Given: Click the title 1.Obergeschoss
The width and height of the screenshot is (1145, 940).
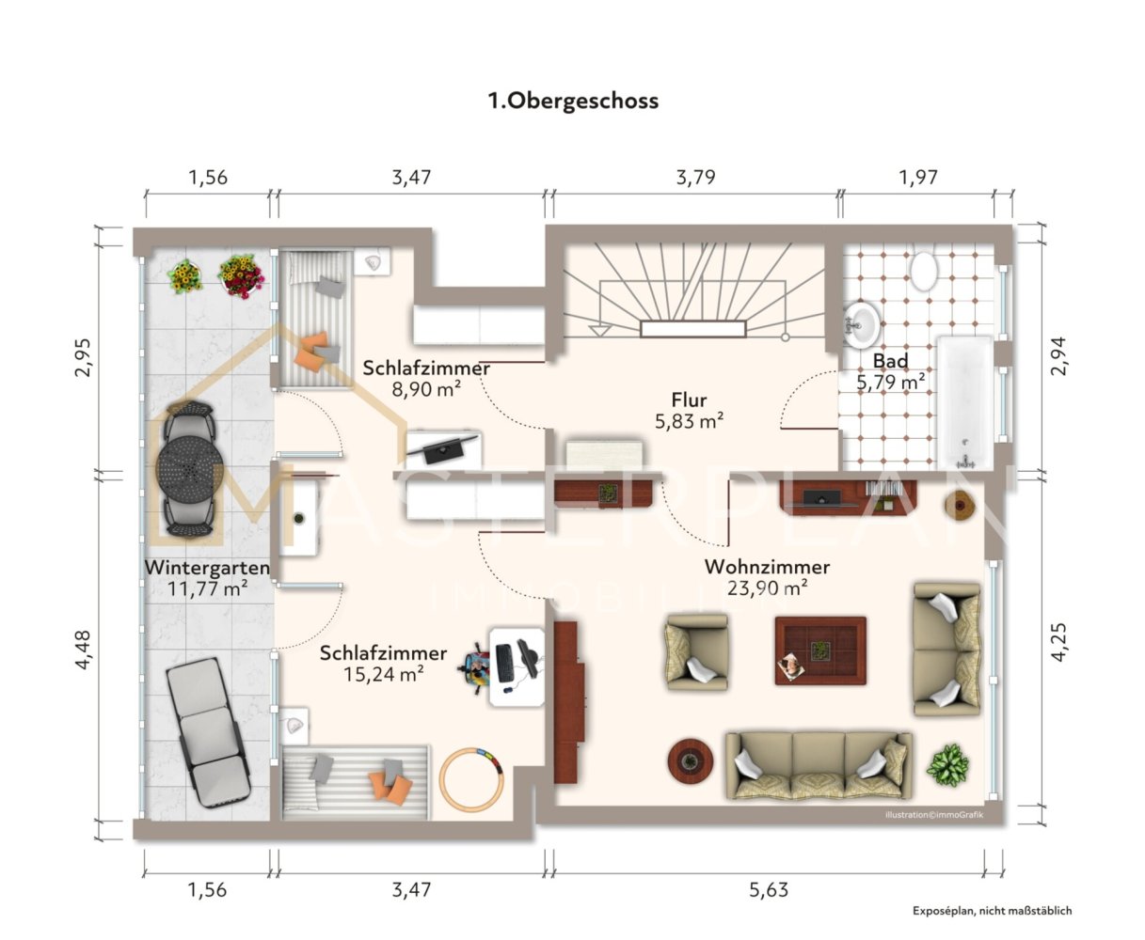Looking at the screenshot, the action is click(573, 101).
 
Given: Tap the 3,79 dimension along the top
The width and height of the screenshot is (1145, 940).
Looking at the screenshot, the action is click(695, 178).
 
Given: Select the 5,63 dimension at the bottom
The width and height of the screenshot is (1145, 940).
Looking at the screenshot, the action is click(769, 890).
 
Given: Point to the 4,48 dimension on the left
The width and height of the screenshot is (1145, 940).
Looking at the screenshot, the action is click(83, 650).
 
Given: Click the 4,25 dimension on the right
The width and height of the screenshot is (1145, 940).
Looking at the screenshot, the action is click(1059, 642).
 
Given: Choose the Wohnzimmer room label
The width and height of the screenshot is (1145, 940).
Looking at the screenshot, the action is click(767, 567).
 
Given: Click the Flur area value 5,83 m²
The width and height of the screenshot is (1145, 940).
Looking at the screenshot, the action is click(689, 421).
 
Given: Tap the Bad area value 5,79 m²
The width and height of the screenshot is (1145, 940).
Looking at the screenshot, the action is click(890, 383).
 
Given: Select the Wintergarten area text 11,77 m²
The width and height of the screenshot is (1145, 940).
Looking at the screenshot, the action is click(207, 588).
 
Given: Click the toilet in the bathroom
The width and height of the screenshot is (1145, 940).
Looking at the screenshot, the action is click(924, 270).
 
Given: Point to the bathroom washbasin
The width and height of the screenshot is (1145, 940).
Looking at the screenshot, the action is click(862, 324).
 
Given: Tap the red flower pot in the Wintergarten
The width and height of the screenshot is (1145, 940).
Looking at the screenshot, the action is click(241, 276).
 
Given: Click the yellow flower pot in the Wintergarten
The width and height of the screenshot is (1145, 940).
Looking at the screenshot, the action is click(185, 276).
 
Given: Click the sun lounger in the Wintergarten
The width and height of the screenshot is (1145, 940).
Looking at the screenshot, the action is click(209, 732).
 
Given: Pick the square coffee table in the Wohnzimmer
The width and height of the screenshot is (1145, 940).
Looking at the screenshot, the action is click(819, 650).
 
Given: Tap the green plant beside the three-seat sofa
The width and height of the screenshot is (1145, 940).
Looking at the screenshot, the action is click(947, 765).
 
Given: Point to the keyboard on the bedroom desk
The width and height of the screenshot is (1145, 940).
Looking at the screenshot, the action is click(504, 663).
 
